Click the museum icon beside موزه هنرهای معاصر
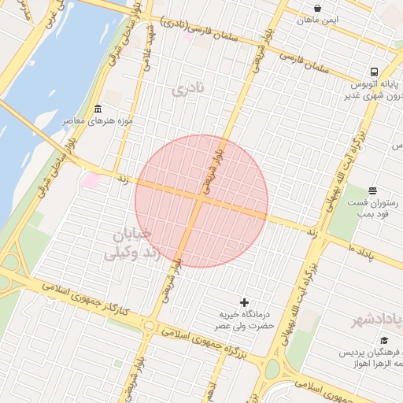point(98,109)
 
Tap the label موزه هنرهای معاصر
point(98,121)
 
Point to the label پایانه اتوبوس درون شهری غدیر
point(368,89)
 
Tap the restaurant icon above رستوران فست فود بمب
point(372,190)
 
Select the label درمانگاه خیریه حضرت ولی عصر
point(246,320)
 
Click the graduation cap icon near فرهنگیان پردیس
point(384,341)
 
